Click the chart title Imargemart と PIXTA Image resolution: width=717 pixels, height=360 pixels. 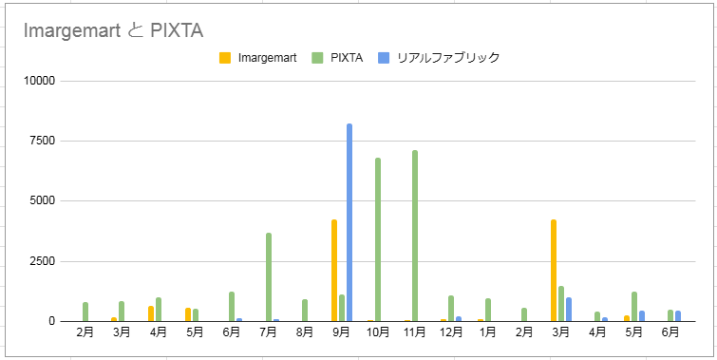point(113,30)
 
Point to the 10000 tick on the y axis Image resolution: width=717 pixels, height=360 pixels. point(39,81)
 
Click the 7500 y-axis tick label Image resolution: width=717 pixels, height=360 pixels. point(42,141)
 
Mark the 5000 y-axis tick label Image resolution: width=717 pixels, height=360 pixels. point(42,201)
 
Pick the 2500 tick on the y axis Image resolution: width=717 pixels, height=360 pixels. point(42,261)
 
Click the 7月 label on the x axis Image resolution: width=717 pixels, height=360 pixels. point(269,332)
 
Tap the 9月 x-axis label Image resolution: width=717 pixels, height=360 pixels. point(342,332)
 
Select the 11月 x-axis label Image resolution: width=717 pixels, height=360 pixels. point(415,332)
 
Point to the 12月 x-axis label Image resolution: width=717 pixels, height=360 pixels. point(451,332)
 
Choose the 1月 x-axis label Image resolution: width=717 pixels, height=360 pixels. point(488,332)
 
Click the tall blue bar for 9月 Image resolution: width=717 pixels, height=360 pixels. point(349,222)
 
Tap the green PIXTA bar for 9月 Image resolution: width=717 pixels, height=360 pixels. point(342,308)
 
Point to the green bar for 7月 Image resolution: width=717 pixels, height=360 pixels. point(269,276)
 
